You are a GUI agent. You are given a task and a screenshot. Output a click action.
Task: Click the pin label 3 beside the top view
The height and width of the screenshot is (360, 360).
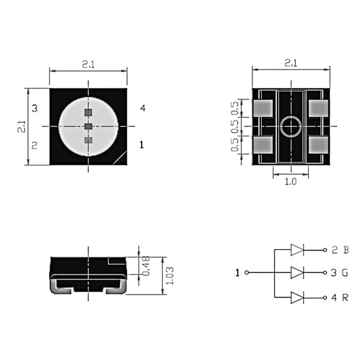click(x=35, y=108)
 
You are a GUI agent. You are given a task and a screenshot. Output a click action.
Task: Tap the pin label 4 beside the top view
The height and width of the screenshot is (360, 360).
click(x=143, y=108)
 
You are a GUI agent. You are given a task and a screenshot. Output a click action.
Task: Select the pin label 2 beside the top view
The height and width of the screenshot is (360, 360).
click(x=35, y=145)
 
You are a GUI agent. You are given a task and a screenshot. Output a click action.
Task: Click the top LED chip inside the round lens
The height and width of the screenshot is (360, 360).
click(x=88, y=112)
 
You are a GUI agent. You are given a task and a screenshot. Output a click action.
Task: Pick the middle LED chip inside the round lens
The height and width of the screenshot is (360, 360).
click(x=88, y=126)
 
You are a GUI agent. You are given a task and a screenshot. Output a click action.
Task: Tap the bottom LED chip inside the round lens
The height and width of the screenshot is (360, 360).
click(x=88, y=140)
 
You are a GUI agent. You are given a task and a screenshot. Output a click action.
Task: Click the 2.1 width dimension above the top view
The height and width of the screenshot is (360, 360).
click(x=88, y=64)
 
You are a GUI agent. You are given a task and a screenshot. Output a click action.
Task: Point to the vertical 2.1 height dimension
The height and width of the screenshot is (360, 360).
click(x=22, y=126)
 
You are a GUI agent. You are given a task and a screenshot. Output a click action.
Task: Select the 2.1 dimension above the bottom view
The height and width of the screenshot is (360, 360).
click(x=291, y=63)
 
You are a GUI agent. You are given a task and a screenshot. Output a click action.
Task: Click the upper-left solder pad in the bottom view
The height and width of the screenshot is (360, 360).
click(x=263, y=108)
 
